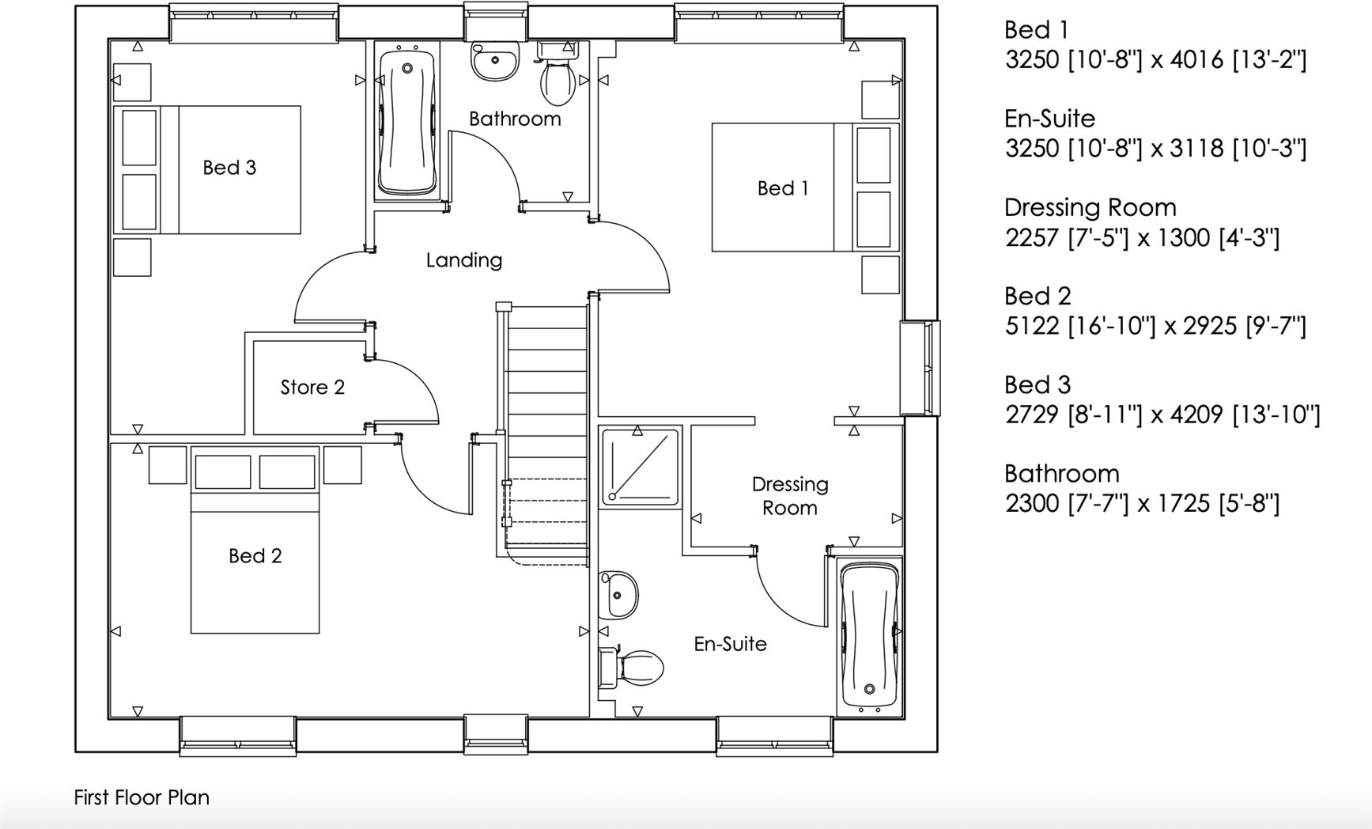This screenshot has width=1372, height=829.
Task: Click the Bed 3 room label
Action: (229, 168)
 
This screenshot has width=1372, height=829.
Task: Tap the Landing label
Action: (464, 260)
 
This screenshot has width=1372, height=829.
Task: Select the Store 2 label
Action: (312, 388)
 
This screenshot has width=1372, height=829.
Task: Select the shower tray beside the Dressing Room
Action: (641, 467)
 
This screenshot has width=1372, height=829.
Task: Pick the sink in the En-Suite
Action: (618, 595)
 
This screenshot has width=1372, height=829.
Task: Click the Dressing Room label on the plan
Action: (789, 496)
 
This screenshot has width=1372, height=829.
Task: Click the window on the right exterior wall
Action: (922, 367)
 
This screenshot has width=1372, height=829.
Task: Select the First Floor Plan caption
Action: (142, 797)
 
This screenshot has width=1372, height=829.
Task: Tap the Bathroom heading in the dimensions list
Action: (1061, 474)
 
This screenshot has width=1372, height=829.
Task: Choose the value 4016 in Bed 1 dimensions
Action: (1196, 59)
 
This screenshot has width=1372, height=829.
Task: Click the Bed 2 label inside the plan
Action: (255, 556)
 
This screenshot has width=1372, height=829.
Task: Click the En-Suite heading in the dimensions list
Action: (1049, 119)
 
